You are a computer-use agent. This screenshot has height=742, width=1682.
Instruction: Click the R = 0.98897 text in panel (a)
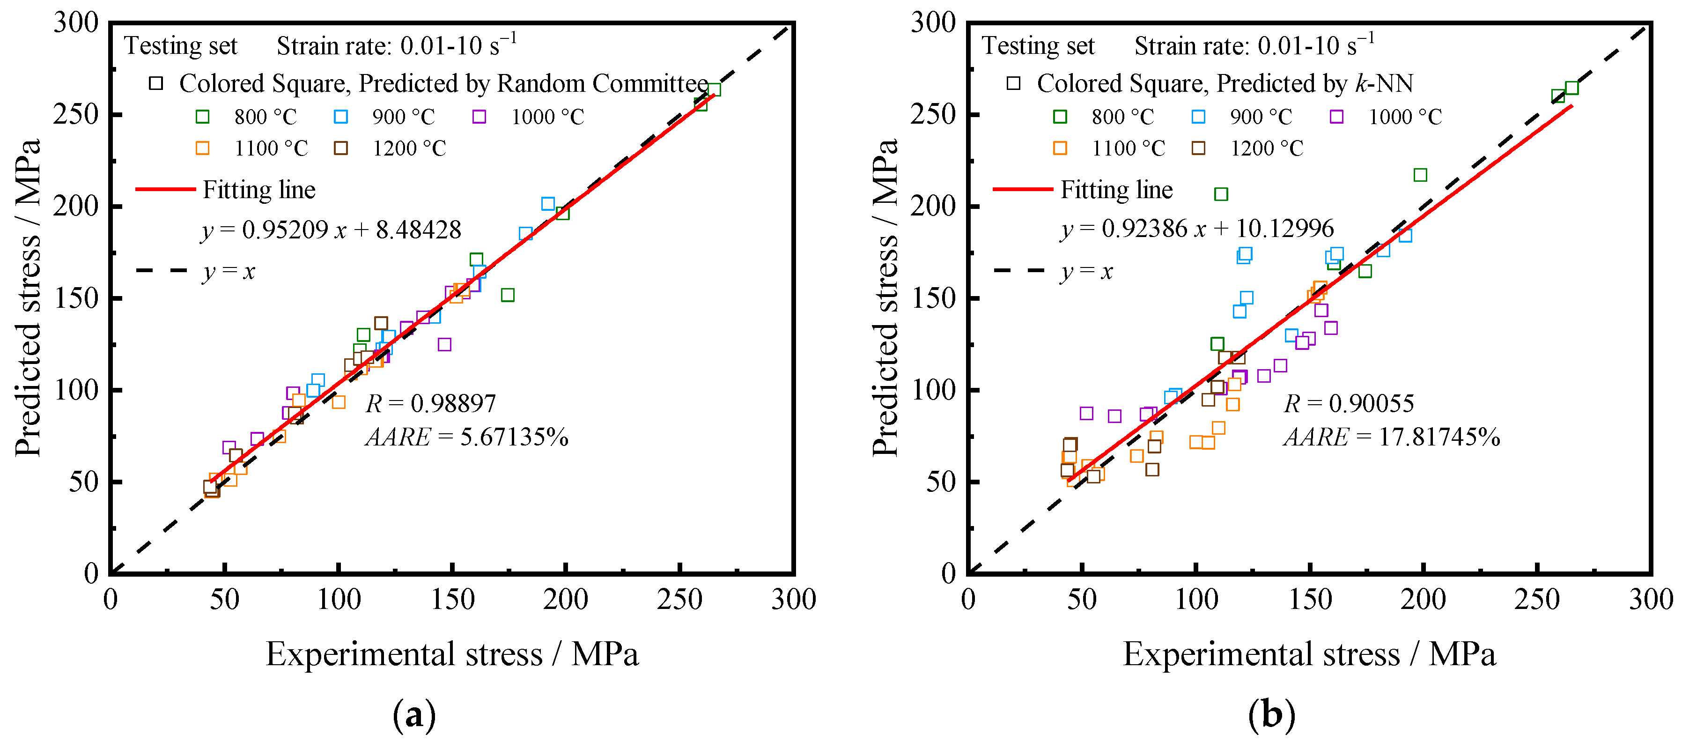(x=431, y=404)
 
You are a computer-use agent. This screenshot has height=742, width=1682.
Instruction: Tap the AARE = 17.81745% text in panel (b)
(x=1391, y=437)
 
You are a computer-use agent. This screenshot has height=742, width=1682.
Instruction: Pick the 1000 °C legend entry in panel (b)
(x=1386, y=117)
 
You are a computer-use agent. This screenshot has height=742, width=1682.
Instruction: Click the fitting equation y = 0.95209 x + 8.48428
(x=331, y=230)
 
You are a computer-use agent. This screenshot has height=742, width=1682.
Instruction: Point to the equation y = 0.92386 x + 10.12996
(x=1196, y=229)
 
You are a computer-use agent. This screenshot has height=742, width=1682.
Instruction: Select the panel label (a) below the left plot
(x=414, y=714)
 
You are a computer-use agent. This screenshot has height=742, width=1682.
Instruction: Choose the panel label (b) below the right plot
(x=1271, y=714)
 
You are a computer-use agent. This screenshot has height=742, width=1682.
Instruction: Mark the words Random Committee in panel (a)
(x=602, y=83)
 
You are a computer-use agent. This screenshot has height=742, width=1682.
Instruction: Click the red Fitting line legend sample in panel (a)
(x=165, y=189)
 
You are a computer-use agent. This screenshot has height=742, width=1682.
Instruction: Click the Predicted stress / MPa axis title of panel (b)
(x=885, y=297)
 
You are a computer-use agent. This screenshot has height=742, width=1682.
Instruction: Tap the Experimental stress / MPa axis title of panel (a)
(x=452, y=654)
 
